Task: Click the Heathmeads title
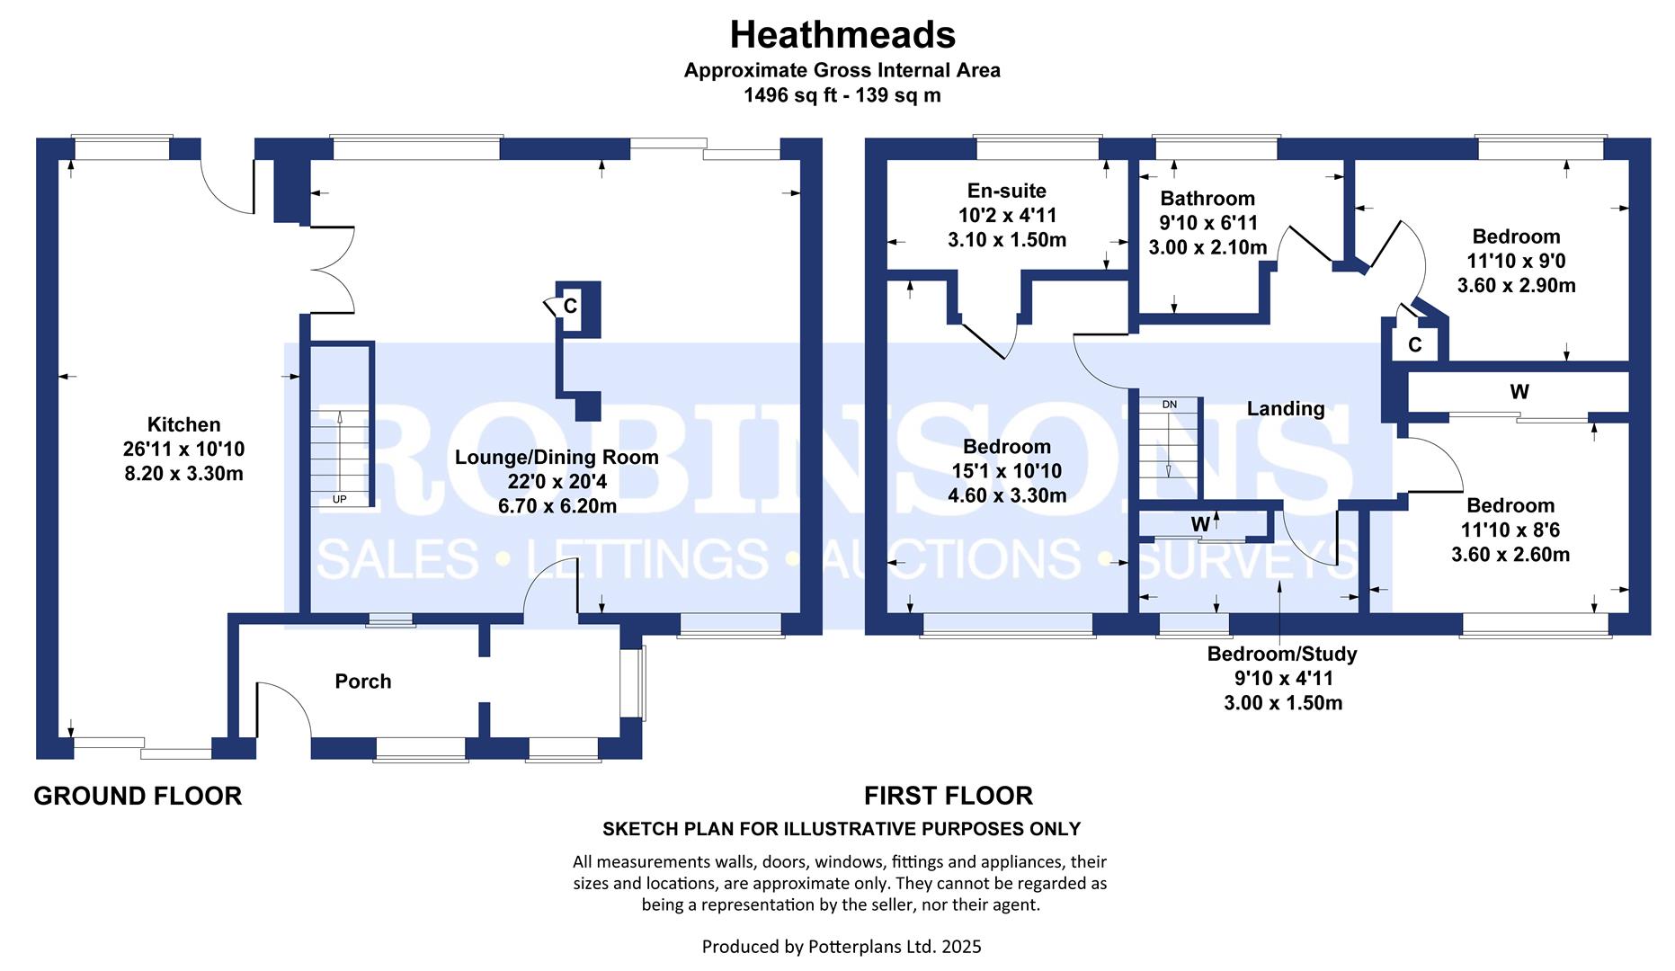(x=842, y=35)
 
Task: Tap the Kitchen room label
(x=183, y=424)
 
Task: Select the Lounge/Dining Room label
(x=557, y=457)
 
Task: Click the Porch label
(x=363, y=681)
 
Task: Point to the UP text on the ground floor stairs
(x=339, y=499)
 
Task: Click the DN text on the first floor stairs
(x=1169, y=405)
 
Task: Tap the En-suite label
(x=1007, y=191)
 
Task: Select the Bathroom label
(x=1207, y=199)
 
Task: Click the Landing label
(x=1286, y=408)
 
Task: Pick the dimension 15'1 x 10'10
(x=1007, y=471)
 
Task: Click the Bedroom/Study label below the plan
(x=1282, y=655)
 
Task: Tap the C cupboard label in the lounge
(x=570, y=307)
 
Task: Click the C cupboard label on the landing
(x=1414, y=345)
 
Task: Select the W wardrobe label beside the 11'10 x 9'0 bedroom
(x=1519, y=392)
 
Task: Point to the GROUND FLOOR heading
(x=138, y=796)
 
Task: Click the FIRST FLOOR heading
(x=948, y=796)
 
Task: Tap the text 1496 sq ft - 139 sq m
(x=842, y=95)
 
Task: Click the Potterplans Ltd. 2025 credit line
(x=842, y=947)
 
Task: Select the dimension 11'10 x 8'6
(x=1510, y=530)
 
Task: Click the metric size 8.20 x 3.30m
(x=183, y=474)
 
